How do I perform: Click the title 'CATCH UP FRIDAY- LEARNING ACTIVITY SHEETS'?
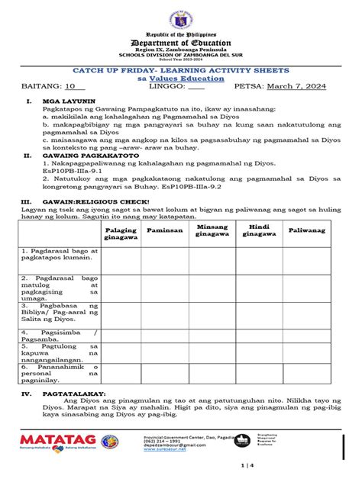coord(180,69)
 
